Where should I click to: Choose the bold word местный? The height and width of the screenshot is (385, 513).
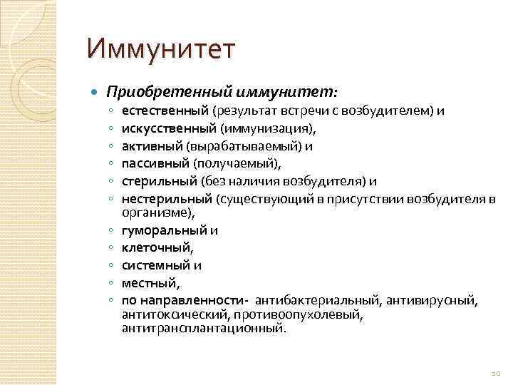tap(147, 282)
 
